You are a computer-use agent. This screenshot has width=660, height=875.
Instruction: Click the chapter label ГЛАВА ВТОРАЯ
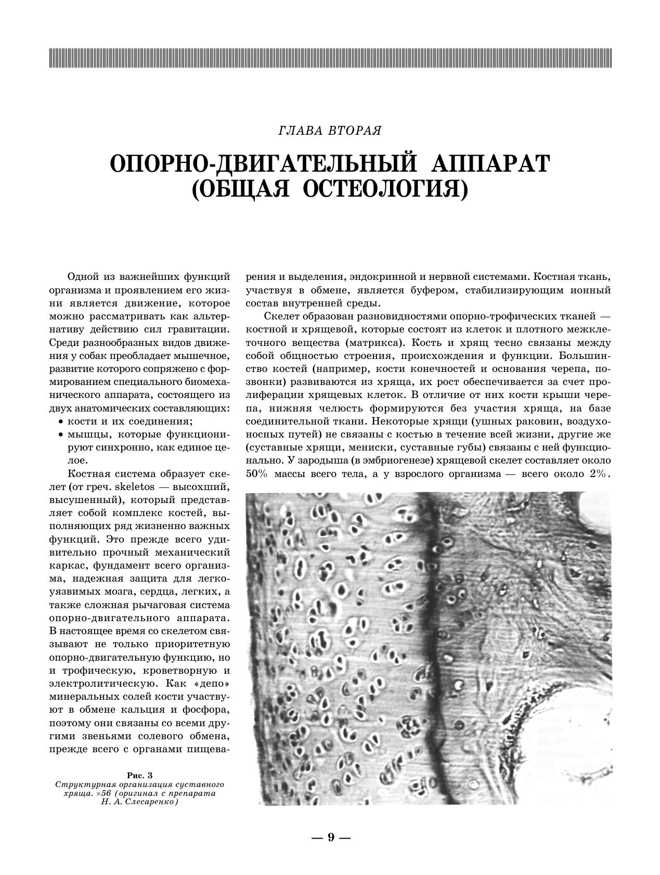click(x=330, y=131)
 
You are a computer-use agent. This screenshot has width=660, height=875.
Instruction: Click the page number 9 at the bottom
click(x=330, y=837)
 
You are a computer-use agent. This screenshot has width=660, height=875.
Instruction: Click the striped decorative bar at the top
click(x=330, y=58)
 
